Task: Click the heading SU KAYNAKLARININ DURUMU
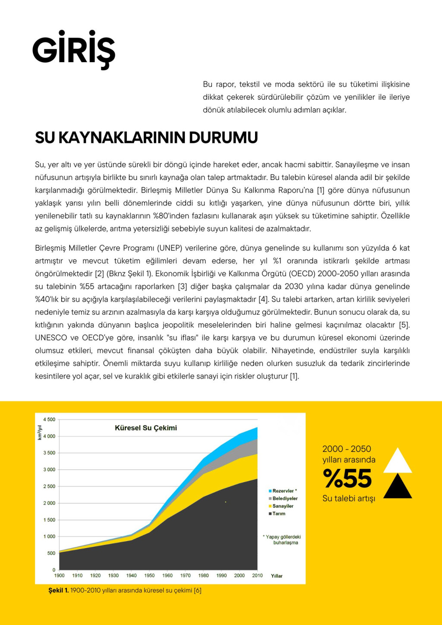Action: [146, 138]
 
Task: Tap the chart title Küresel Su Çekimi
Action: [146, 428]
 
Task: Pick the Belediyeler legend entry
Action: [285, 499]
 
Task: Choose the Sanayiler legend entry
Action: [283, 506]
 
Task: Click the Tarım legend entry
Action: [279, 514]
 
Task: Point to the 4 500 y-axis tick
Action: [49, 420]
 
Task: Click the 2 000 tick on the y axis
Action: [49, 503]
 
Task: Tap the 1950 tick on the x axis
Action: [149, 575]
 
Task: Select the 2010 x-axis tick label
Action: [257, 575]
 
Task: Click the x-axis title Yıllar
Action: [277, 576]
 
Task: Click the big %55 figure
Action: [347, 478]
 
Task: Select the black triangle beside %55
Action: [398, 486]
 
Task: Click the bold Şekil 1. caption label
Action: [58, 590]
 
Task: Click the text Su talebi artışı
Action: [349, 499]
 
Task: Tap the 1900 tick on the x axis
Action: [60, 575]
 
